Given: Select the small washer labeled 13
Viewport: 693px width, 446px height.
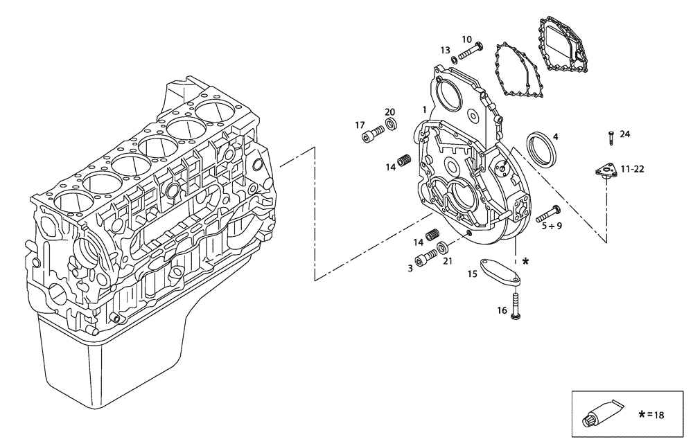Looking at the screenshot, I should [454, 60].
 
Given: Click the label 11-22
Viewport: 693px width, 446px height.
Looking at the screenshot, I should [633, 168].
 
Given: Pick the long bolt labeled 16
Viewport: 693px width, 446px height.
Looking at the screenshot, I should [515, 305].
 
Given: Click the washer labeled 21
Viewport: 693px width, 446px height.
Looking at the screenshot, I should [441, 247].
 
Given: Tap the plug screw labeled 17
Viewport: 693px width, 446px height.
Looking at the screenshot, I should [374, 133].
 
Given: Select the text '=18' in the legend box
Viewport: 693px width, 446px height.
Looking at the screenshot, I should [656, 415].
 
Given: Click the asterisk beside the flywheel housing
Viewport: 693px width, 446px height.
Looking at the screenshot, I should [526, 262].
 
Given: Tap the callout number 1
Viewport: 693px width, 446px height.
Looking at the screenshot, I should [424, 109].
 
